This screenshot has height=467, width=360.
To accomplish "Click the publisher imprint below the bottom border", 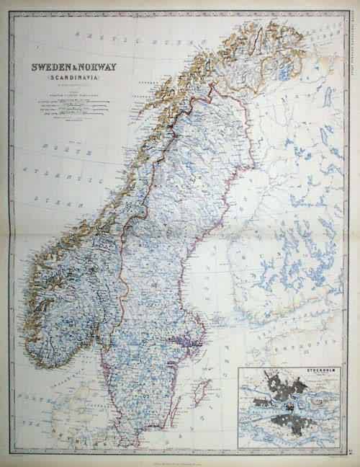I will (180, 453).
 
